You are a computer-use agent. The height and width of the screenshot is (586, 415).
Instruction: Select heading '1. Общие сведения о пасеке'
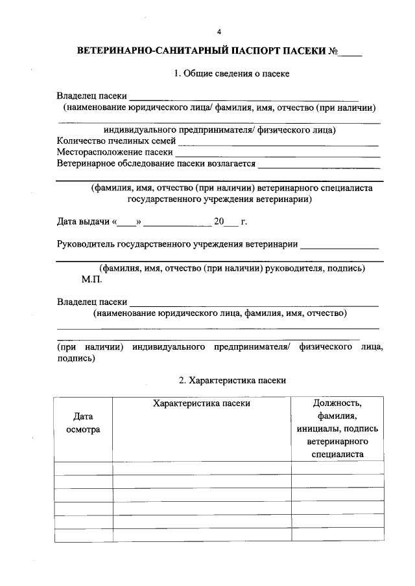[x=231, y=74]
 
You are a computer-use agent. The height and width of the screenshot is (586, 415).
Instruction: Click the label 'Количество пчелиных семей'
[x=116, y=141]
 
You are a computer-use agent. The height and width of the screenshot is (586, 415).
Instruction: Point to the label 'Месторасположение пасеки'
[x=115, y=152]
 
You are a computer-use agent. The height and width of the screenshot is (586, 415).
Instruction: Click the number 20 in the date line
[x=219, y=222]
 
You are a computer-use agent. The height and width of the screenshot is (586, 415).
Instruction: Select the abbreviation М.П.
[x=92, y=280]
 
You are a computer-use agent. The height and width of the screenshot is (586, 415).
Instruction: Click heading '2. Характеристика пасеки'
[x=231, y=381]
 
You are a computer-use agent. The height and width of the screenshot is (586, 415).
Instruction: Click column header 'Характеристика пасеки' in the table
[x=201, y=403]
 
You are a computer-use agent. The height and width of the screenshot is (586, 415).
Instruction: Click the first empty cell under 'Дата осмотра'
[x=83, y=469]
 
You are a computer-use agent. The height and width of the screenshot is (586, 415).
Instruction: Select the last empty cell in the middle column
[x=201, y=535]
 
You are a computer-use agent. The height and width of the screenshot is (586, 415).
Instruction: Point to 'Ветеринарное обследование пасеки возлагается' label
[x=156, y=164]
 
